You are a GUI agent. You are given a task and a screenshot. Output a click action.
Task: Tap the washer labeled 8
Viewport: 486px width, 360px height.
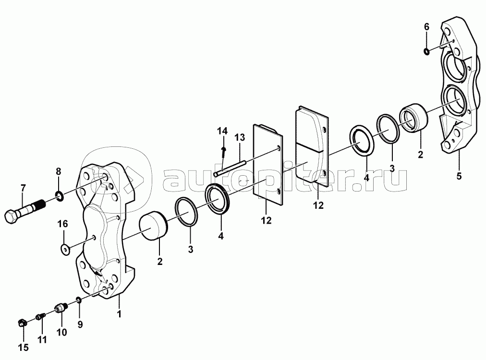(59, 196)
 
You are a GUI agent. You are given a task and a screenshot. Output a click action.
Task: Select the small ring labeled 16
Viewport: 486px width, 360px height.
(65, 250)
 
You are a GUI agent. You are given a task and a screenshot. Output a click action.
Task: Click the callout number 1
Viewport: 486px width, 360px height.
(119, 313)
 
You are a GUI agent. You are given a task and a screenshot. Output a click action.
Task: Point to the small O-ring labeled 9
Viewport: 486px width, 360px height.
(79, 300)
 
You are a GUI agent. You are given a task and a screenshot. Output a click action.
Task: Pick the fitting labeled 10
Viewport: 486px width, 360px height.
(61, 308)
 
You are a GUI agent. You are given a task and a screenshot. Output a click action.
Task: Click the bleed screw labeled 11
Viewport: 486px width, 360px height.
(41, 317)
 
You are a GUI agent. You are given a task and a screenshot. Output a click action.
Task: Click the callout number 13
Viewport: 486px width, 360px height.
(240, 137)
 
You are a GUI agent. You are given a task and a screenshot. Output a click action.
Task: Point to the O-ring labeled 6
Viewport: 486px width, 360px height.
(427, 51)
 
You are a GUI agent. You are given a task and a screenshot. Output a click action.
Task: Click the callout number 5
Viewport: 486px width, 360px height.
(459, 176)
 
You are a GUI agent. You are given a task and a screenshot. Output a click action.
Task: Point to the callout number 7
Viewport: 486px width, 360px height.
(23, 188)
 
